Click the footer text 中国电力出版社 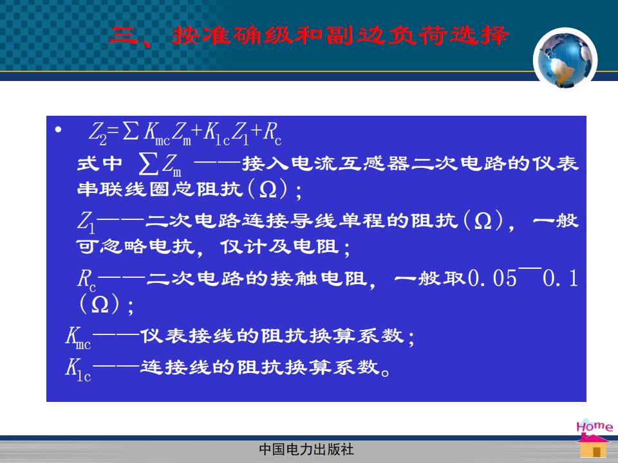(306, 449)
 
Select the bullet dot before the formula (59, 129)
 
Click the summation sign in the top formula (131, 131)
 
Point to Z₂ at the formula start (98, 133)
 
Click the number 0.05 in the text (492, 278)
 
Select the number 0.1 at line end (560, 278)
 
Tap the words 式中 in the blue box (100, 164)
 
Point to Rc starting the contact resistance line (86, 280)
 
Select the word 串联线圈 (124, 189)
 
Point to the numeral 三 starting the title (124, 36)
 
